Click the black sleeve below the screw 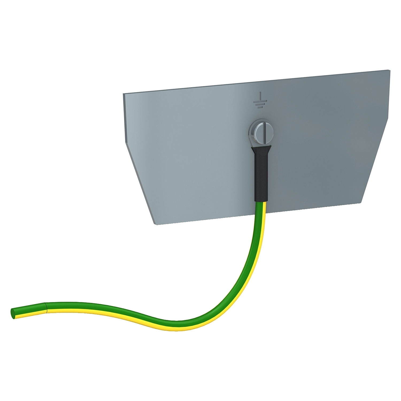click(x=261, y=176)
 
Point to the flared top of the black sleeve click(x=261, y=149)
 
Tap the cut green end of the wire click(x=13, y=314)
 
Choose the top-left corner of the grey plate click(x=124, y=94)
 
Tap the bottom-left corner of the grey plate click(x=155, y=224)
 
